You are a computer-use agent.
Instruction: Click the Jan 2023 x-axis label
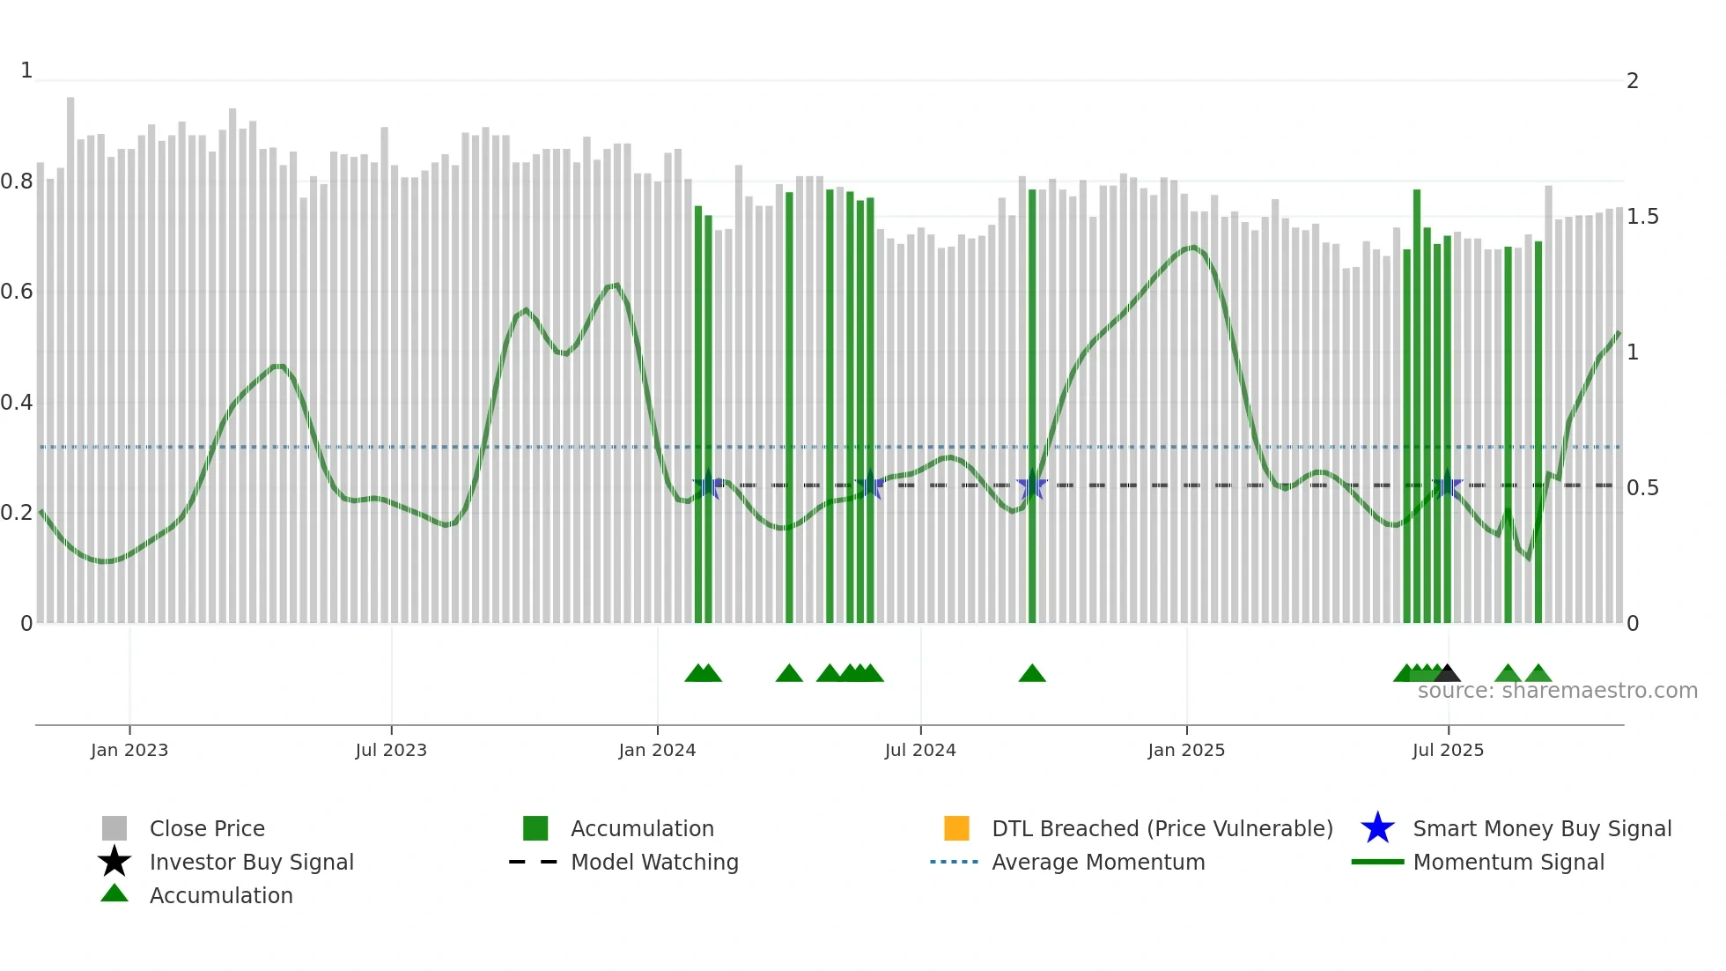click(129, 750)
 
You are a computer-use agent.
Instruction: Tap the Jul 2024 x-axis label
click(919, 750)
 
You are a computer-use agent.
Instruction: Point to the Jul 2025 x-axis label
click(1448, 750)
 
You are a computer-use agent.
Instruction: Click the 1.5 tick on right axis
click(1641, 217)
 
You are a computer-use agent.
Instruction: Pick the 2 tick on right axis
click(1632, 81)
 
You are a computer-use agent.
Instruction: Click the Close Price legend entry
click(207, 828)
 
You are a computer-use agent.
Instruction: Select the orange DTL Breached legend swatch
click(955, 828)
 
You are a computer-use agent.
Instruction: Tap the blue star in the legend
click(1377, 828)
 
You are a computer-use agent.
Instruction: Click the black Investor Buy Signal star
click(114, 862)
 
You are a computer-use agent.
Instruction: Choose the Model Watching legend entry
click(653, 862)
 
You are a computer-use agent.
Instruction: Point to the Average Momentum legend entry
click(1097, 862)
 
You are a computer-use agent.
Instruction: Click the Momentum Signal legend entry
click(1508, 862)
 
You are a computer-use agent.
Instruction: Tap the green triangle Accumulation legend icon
click(114, 893)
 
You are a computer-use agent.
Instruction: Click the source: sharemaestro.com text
click(1557, 691)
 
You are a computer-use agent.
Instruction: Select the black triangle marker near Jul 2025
click(1447, 674)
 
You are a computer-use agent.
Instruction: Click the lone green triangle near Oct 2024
click(1032, 674)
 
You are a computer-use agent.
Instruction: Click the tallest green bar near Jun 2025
click(1417, 405)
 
